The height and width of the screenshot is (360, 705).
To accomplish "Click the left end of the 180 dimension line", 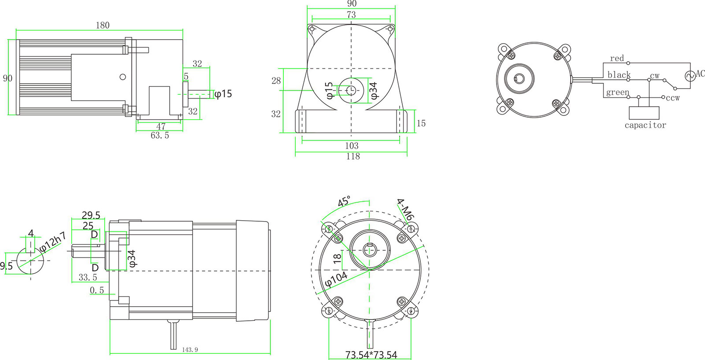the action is [x=16, y=30].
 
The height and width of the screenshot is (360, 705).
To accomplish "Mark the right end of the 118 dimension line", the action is [x=407, y=152].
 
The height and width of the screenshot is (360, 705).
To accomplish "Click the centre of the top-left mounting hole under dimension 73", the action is [x=312, y=29].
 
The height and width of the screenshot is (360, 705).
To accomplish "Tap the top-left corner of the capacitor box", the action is [x=629, y=107].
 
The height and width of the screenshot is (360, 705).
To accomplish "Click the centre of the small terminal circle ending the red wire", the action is [x=628, y=63].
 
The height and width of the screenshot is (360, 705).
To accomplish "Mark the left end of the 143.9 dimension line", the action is [x=110, y=353].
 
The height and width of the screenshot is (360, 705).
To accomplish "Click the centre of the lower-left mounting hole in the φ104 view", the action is [x=329, y=311].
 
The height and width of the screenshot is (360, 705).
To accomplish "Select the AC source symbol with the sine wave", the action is [x=690, y=76].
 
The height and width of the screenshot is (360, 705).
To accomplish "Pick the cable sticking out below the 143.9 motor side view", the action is [x=174, y=335].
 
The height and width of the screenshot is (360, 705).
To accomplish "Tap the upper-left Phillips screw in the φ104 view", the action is [x=338, y=238].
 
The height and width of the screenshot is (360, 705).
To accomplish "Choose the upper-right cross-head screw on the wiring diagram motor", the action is [x=558, y=57].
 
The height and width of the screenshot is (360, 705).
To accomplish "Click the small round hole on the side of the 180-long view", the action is [x=123, y=77].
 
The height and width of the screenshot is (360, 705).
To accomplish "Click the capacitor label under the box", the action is [x=645, y=125].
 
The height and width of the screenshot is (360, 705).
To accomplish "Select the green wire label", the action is [x=617, y=92].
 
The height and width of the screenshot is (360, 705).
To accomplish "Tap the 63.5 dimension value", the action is [x=160, y=135].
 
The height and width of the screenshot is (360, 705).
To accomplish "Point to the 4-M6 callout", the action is [x=405, y=208].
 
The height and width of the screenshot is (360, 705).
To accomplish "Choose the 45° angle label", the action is [x=344, y=201].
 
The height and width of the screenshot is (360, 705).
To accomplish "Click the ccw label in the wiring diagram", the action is [x=673, y=98].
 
